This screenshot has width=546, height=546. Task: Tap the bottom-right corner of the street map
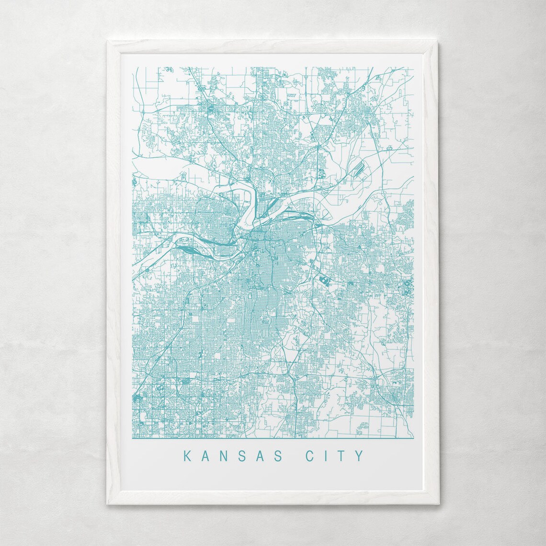413,438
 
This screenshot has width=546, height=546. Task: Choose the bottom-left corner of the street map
133,438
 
